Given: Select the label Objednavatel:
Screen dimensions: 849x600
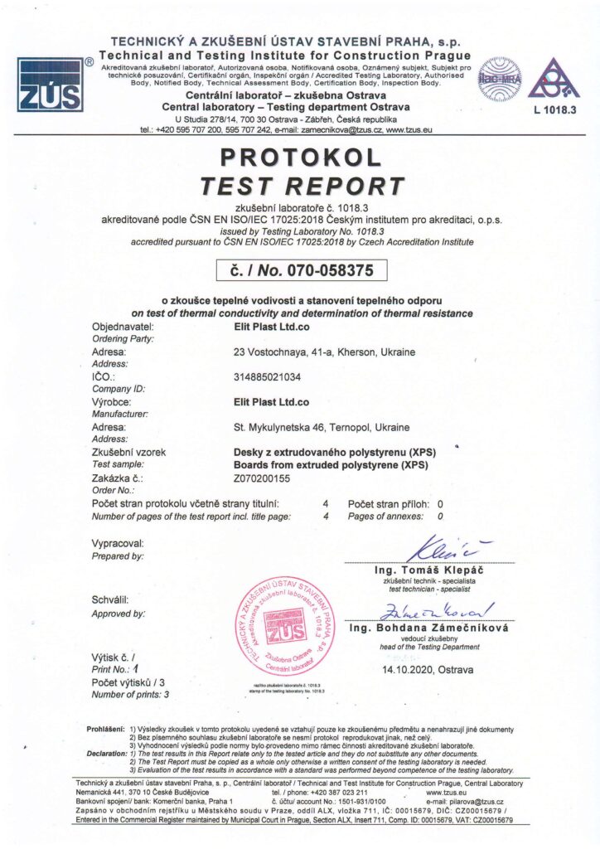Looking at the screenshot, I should tap(121, 326).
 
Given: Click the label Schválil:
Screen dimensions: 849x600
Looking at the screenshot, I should tap(111, 599).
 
